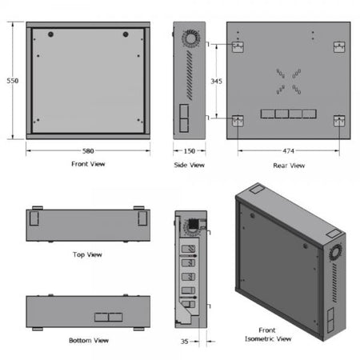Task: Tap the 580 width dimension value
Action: pos(88,150)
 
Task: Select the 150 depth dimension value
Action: pos(190,150)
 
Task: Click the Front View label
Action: pos(88,164)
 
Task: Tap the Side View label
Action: pos(190,165)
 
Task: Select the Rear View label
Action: pos(288,166)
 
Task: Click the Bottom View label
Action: pos(88,341)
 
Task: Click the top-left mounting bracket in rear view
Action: pos(238,46)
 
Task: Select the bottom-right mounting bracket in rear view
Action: pos(338,121)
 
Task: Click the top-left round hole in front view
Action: pos(50,34)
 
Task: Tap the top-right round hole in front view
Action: pos(126,34)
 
